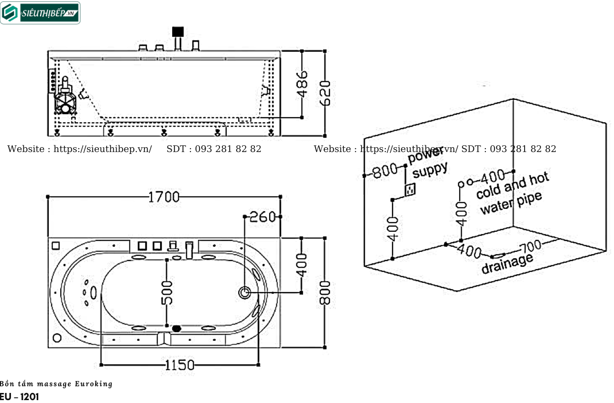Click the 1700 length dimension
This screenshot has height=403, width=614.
(x=164, y=196)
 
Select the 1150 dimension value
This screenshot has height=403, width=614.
(x=180, y=365)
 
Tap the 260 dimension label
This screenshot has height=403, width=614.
(x=263, y=217)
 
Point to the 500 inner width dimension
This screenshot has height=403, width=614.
(x=167, y=293)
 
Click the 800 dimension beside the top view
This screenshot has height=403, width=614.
(x=325, y=293)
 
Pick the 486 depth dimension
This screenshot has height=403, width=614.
(x=302, y=84)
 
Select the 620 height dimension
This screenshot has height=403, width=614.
(x=325, y=93)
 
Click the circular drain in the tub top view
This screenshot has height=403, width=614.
(x=244, y=292)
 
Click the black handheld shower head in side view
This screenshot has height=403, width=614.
(x=178, y=32)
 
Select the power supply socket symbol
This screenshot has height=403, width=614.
(x=409, y=190)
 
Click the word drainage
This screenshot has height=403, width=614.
(x=506, y=263)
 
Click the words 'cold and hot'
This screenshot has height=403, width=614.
(x=512, y=186)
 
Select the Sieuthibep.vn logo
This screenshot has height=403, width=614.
(x=41, y=13)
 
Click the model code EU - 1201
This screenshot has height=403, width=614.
(x=20, y=397)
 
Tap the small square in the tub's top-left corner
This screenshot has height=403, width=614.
(x=55, y=246)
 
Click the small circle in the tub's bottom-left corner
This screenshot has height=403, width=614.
(x=57, y=338)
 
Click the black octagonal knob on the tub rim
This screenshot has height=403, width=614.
(x=177, y=328)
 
